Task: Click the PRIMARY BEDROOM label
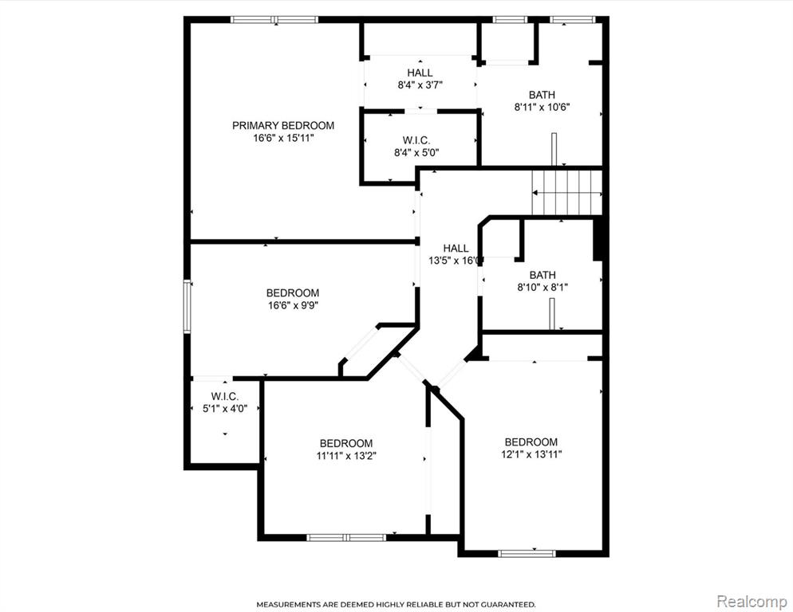click(283, 125)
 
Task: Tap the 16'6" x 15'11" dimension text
click(284, 138)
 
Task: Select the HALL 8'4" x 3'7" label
click(420, 79)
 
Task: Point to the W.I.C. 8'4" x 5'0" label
click(416, 147)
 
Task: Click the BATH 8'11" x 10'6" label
click(542, 101)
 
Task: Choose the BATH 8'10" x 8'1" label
click(542, 281)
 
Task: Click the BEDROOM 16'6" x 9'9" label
click(293, 299)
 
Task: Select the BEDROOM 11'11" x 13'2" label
click(346, 449)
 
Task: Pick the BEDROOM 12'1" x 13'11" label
click(531, 449)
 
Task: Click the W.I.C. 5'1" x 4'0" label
click(225, 402)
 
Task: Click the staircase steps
click(567, 193)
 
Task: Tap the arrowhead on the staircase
click(535, 193)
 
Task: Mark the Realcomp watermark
click(752, 602)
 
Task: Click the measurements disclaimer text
click(396, 604)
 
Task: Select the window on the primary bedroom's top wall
click(274, 20)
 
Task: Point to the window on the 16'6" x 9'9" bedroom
click(187, 306)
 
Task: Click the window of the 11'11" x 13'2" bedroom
click(346, 537)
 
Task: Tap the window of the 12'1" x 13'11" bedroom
click(527, 553)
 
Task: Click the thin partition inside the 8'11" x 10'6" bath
click(554, 149)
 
